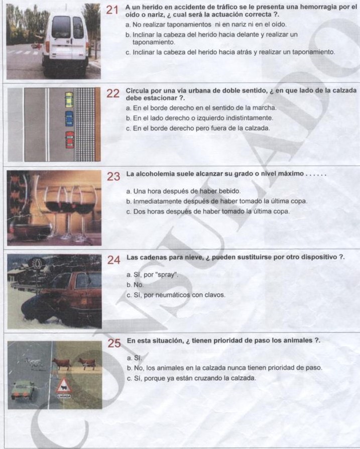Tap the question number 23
[114, 177]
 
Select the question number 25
[114, 344]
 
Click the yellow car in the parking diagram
[69, 99]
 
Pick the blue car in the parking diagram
[69, 119]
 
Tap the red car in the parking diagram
[69, 139]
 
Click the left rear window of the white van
[61, 27]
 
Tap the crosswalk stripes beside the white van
[20, 52]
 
